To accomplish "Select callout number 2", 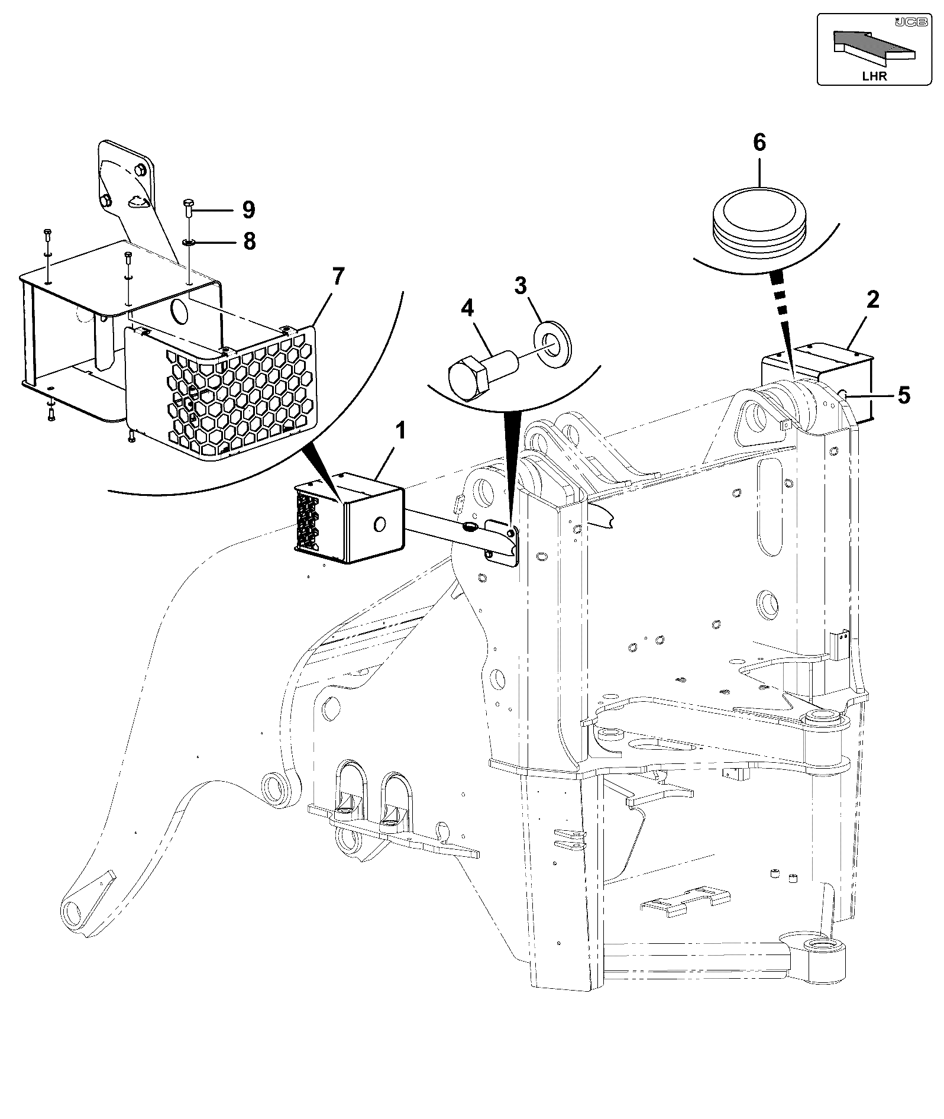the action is click(872, 300).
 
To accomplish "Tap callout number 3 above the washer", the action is click(521, 287).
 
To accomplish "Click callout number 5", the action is click(904, 395).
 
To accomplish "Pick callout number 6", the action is click(759, 143).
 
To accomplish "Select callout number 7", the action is click(338, 276).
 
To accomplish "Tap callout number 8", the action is click(249, 241).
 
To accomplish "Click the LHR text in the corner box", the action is click(874, 76).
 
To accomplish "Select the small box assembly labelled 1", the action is click(349, 518).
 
